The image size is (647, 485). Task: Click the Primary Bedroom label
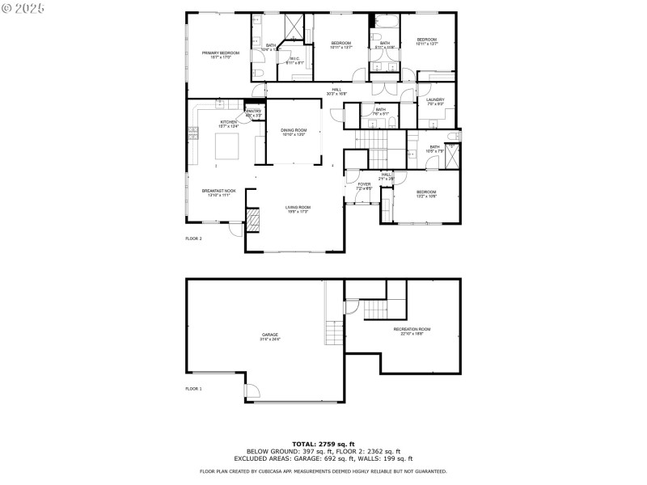(x=216, y=55)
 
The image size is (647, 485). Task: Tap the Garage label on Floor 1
(x=269, y=335)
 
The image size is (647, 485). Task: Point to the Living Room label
(x=298, y=209)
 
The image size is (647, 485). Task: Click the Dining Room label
(x=294, y=132)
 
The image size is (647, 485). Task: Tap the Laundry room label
(x=435, y=101)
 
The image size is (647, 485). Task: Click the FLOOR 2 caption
(x=193, y=239)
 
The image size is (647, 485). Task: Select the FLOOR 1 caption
(x=193, y=389)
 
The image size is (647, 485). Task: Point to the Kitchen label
(x=228, y=123)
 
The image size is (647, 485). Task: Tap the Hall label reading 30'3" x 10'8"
(x=336, y=91)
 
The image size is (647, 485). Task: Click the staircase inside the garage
(x=334, y=331)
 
